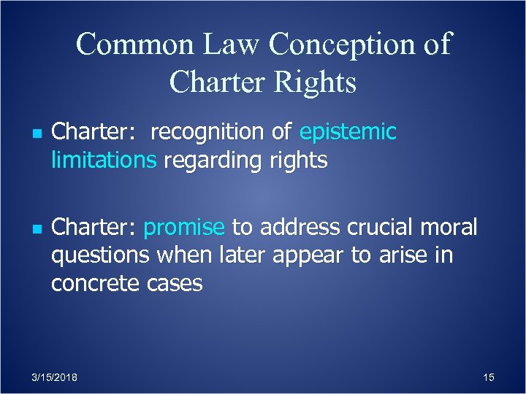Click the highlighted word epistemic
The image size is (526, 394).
(348, 133)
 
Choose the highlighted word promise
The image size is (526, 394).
(184, 228)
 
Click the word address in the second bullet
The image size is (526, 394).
(295, 228)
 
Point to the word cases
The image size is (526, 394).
(174, 283)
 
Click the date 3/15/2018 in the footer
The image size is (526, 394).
(56, 377)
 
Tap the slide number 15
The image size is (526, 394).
(489, 377)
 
